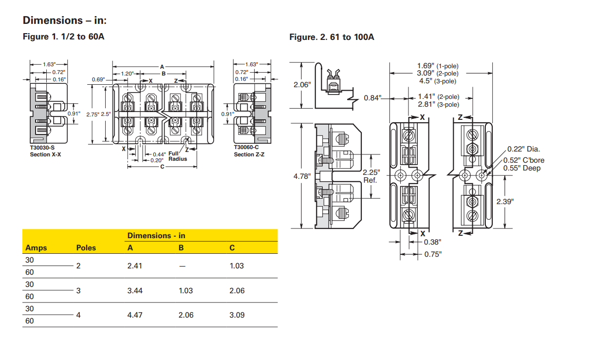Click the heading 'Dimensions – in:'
(x=64, y=20)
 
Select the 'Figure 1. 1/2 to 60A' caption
(x=63, y=37)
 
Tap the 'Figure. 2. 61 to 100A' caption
(x=332, y=37)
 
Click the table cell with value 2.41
(x=135, y=266)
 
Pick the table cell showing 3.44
(x=135, y=291)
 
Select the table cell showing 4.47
(x=135, y=315)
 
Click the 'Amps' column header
(x=36, y=248)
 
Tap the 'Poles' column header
(x=86, y=248)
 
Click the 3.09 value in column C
(x=237, y=315)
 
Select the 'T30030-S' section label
(x=42, y=148)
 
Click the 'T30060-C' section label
(x=246, y=148)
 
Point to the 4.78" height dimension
(x=302, y=176)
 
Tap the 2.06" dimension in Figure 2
(x=302, y=85)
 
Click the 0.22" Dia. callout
(x=523, y=149)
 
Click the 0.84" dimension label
(x=372, y=98)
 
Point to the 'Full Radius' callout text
(x=174, y=156)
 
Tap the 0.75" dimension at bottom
(x=432, y=254)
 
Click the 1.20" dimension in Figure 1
(x=127, y=74)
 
